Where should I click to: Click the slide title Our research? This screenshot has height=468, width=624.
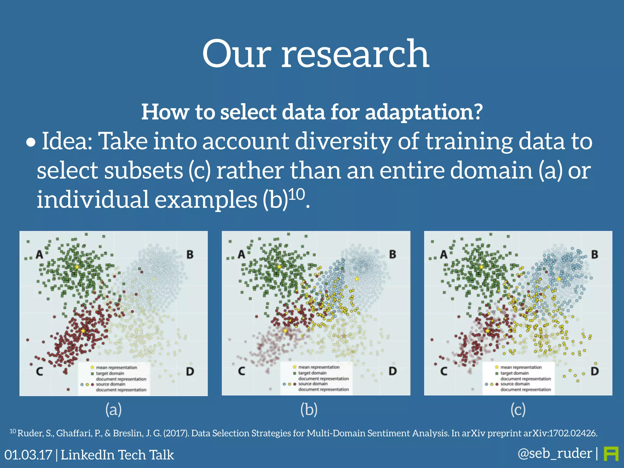click(316, 54)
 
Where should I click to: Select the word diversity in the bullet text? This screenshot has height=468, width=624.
click(343, 141)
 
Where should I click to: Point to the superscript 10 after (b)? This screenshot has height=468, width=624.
click(296, 194)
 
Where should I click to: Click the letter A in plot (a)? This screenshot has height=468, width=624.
click(39, 254)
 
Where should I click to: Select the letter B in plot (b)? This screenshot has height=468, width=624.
click(392, 254)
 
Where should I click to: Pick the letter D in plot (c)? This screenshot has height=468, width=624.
click(594, 371)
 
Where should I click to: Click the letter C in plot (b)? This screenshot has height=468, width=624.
click(241, 371)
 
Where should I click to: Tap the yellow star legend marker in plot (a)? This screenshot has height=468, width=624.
click(92, 367)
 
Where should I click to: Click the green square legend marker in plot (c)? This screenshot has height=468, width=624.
click(496, 373)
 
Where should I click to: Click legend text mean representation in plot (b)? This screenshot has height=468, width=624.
click(319, 367)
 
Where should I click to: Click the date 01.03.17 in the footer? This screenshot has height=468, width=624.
click(28, 455)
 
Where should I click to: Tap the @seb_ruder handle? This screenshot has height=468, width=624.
click(555, 453)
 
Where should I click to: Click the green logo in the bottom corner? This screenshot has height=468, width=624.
click(611, 454)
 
